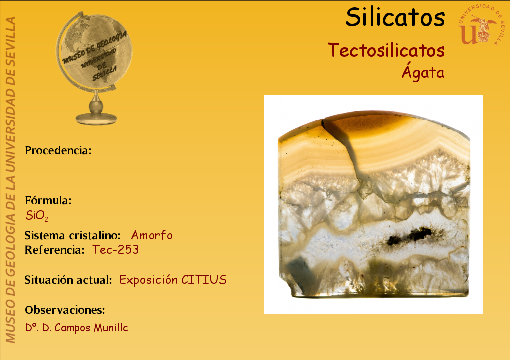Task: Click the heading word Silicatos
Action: [x=395, y=17]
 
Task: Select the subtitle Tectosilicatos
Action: [x=386, y=50]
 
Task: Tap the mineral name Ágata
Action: [x=423, y=71]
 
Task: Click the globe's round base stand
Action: [x=96, y=119]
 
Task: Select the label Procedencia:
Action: [x=58, y=150]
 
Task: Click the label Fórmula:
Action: [x=48, y=200]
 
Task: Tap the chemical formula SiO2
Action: [x=37, y=216]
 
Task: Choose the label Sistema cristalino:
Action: [x=73, y=235]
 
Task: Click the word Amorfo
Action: [x=152, y=235]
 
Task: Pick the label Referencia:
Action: [x=55, y=250]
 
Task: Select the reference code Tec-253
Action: [x=116, y=250]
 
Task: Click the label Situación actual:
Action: [x=68, y=280]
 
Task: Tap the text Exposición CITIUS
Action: [x=172, y=280]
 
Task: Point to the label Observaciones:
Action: [x=65, y=310]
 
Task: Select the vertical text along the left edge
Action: [x=10, y=180]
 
